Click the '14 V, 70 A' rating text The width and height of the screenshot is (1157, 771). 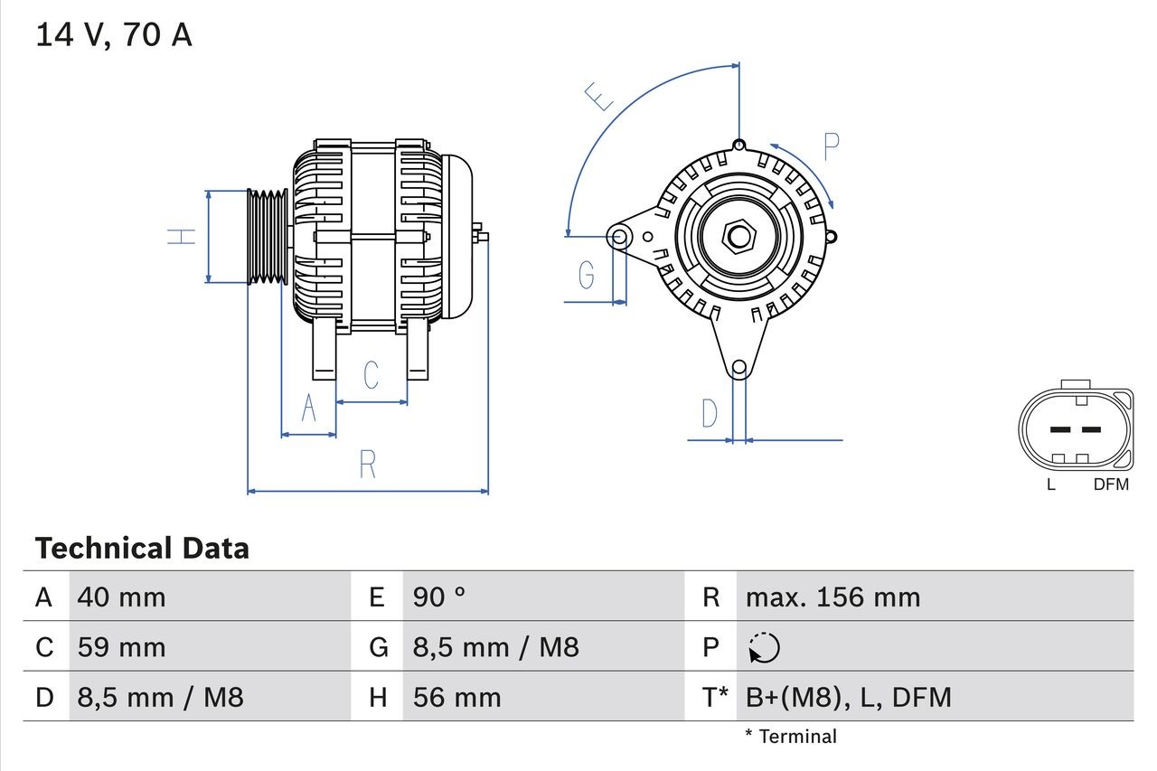tap(113, 34)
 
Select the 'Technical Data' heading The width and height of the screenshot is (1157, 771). tap(142, 549)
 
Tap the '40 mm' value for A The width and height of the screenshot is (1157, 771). tap(121, 597)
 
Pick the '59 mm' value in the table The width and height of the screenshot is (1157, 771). tap(121, 647)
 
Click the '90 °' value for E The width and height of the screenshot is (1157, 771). tap(439, 597)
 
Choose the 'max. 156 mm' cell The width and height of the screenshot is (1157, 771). tap(832, 597)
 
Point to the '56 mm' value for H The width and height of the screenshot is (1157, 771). tap(456, 697)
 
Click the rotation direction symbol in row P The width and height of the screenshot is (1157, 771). tap(765, 648)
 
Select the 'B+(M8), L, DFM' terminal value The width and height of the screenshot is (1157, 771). tap(848, 697)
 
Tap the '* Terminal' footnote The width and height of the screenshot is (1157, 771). tap(791, 737)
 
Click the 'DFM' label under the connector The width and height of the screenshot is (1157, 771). tap(1111, 484)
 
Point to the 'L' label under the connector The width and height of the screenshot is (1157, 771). tap(1050, 484)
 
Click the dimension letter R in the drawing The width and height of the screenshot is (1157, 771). tap(367, 465)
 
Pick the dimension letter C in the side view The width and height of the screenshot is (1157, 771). tap(371, 375)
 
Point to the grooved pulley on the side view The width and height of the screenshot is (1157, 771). tap(268, 237)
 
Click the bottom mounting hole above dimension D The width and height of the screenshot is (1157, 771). tap(738, 367)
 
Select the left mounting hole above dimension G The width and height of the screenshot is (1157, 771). tap(619, 238)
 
